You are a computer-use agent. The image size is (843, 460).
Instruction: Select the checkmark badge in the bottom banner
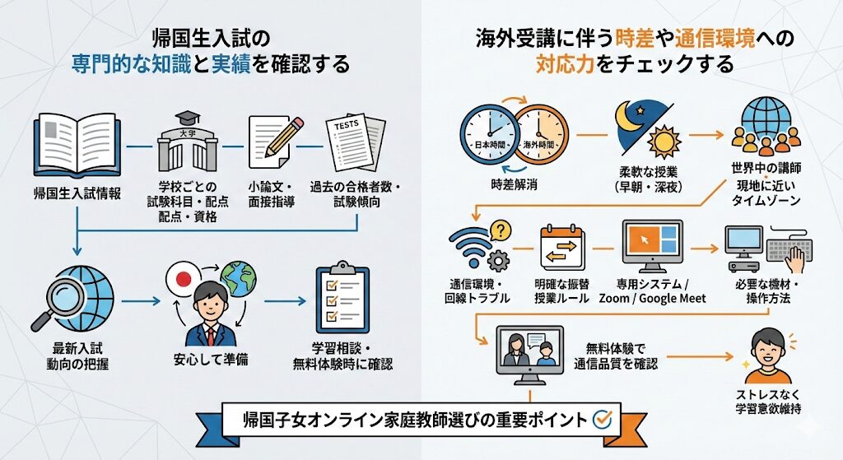[x=603, y=419]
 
